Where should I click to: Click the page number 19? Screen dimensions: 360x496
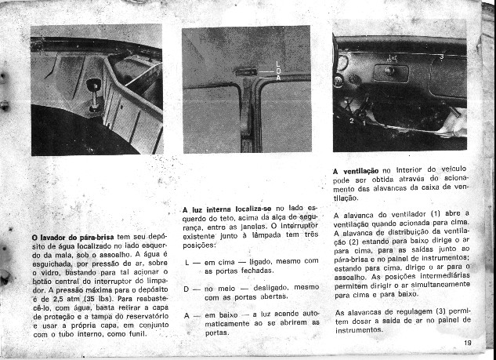point(467,342)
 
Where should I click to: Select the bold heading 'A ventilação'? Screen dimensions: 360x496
point(357,170)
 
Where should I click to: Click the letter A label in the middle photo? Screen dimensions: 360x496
point(278,77)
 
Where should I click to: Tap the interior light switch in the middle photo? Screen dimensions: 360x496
point(245,73)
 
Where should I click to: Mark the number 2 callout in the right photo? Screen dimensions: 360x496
point(352,122)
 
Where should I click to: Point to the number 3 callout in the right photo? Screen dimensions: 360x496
point(440,58)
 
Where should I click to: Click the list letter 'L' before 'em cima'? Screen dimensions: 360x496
point(186,260)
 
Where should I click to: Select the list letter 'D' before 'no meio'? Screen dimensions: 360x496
point(186,288)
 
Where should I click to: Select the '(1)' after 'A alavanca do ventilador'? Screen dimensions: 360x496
point(434,213)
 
